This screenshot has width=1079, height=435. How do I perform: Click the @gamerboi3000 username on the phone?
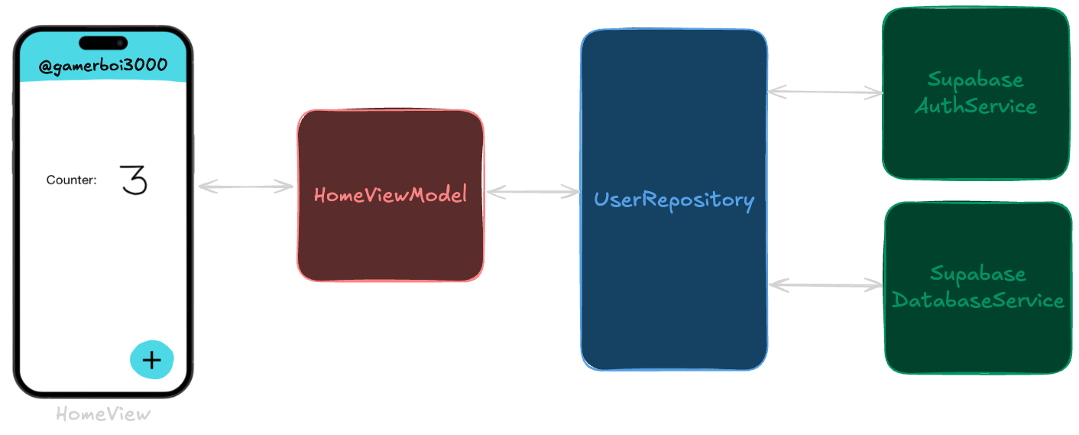(102, 66)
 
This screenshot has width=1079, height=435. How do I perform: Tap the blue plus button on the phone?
(152, 360)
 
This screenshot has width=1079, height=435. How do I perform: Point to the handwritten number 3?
(134, 180)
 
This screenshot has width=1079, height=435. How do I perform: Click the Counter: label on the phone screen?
(71, 180)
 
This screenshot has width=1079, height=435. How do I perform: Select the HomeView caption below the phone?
(103, 414)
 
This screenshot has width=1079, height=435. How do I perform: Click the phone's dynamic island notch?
(103, 42)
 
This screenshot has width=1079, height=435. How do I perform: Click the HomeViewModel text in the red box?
(390, 195)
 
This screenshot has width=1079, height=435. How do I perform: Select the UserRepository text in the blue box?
(673, 200)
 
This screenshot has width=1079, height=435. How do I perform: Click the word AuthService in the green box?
(975, 106)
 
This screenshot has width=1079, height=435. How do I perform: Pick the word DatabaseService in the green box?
(977, 300)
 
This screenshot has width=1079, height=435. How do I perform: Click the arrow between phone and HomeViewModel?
(245, 186)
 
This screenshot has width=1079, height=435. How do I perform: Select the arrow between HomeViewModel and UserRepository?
(533, 192)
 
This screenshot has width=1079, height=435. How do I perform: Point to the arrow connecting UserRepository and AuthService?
(825, 92)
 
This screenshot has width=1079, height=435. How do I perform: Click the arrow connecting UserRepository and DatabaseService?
(825, 285)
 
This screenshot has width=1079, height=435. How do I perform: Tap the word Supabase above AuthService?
(975, 80)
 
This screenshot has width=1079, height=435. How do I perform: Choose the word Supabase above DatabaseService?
(977, 274)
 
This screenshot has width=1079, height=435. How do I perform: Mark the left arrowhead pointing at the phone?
(204, 186)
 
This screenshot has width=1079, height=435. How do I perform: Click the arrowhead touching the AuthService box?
(876, 93)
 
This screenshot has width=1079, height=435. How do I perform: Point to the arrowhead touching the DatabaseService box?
(876, 285)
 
